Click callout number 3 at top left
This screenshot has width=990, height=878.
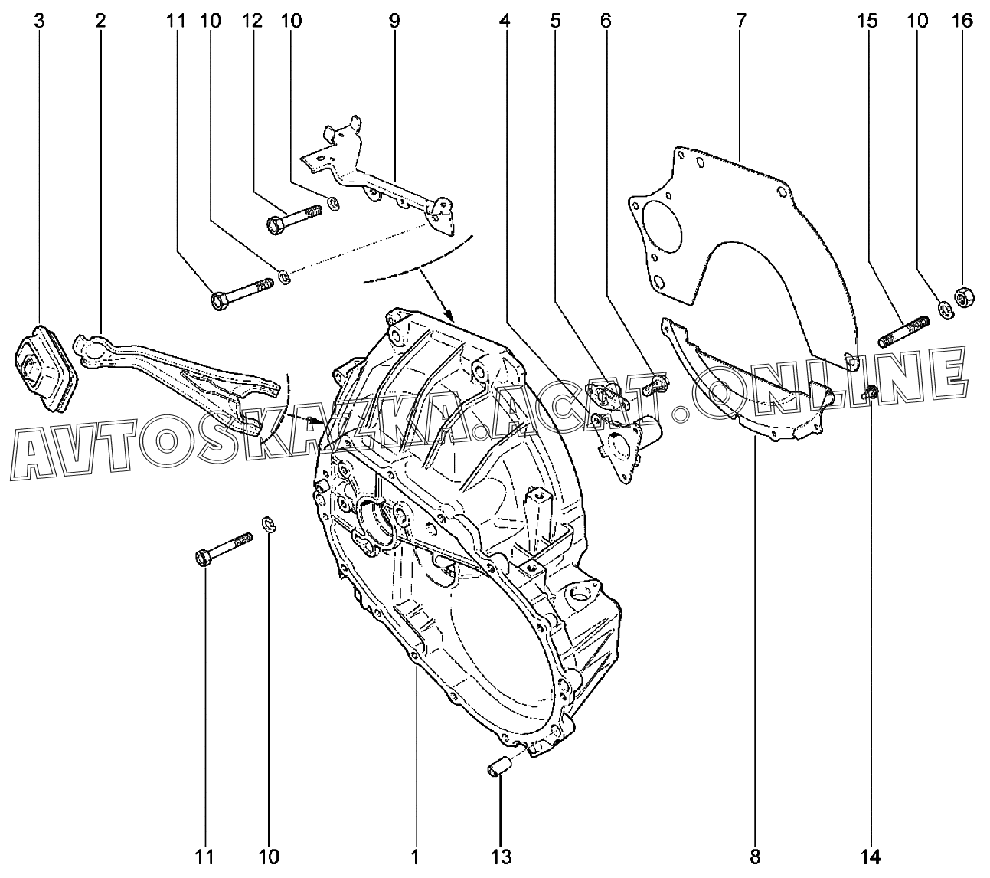(38, 21)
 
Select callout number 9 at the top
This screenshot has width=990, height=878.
(394, 21)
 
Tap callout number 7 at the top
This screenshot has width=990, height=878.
(740, 21)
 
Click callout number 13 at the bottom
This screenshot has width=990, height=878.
(502, 856)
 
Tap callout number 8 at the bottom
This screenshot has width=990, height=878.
(755, 856)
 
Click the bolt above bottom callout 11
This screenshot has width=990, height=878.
(224, 549)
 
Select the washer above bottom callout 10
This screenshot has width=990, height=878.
(269, 525)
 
